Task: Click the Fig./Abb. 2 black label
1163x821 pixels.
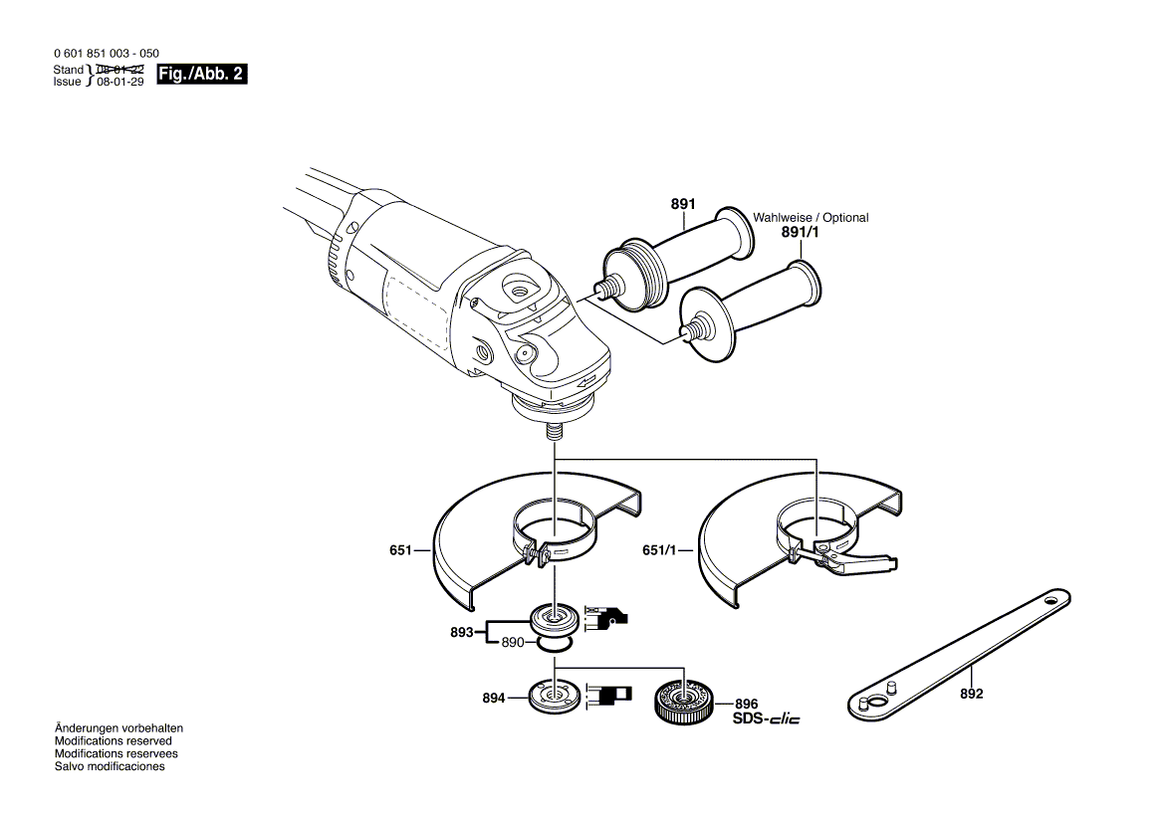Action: (x=202, y=75)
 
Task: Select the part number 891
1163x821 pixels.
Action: (x=682, y=204)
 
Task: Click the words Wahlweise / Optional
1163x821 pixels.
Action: (x=811, y=217)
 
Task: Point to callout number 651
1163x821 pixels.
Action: (x=401, y=549)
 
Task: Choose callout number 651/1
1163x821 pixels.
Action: (x=659, y=549)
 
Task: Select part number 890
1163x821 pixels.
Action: (x=513, y=643)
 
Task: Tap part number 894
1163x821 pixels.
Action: (x=494, y=699)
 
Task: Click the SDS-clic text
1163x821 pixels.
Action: (x=766, y=718)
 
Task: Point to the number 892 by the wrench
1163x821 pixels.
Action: (x=971, y=694)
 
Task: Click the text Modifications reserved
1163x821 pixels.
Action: (x=113, y=741)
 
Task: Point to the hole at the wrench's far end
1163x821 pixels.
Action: (x=1050, y=600)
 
